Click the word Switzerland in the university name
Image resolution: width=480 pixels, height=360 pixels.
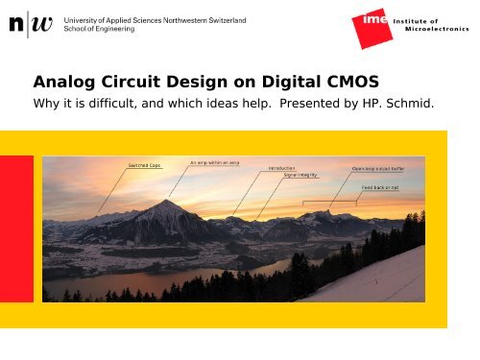tap(223, 19)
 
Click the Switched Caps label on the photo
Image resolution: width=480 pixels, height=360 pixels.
tap(145, 165)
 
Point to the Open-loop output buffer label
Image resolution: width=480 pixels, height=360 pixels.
tap(382, 168)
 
